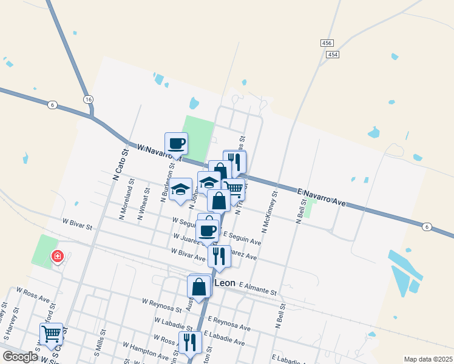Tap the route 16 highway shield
pos(89,99)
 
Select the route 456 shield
pos(327,43)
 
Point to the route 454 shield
pos(332,55)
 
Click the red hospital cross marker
pos(58,257)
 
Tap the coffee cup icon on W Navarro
pos(177,144)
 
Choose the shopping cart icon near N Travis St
pos(234,189)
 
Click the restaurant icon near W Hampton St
pos(189,342)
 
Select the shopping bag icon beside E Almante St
pos(199,286)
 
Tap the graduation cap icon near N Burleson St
pos(180,189)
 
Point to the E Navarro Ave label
pos(322,197)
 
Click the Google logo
pos(20,357)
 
